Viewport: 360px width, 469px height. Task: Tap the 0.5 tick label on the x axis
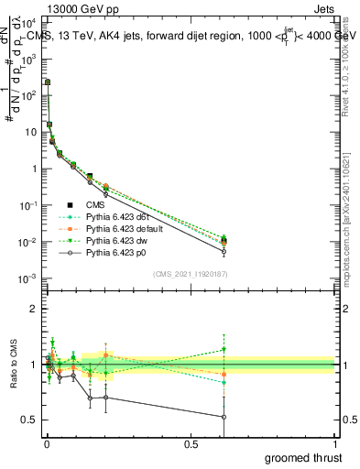click(191, 443)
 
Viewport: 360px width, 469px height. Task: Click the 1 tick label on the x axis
click(335, 443)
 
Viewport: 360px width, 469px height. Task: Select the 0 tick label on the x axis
click(46, 443)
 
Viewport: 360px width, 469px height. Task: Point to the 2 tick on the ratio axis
click(34, 310)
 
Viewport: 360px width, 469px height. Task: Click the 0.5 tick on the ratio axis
click(30, 420)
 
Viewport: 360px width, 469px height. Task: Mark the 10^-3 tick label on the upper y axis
click(27, 278)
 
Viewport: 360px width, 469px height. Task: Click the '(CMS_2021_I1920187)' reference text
click(190, 274)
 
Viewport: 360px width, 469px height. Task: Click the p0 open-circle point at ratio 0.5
click(224, 417)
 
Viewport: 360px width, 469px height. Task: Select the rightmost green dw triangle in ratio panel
click(224, 349)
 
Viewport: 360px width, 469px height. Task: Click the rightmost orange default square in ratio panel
click(224, 374)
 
